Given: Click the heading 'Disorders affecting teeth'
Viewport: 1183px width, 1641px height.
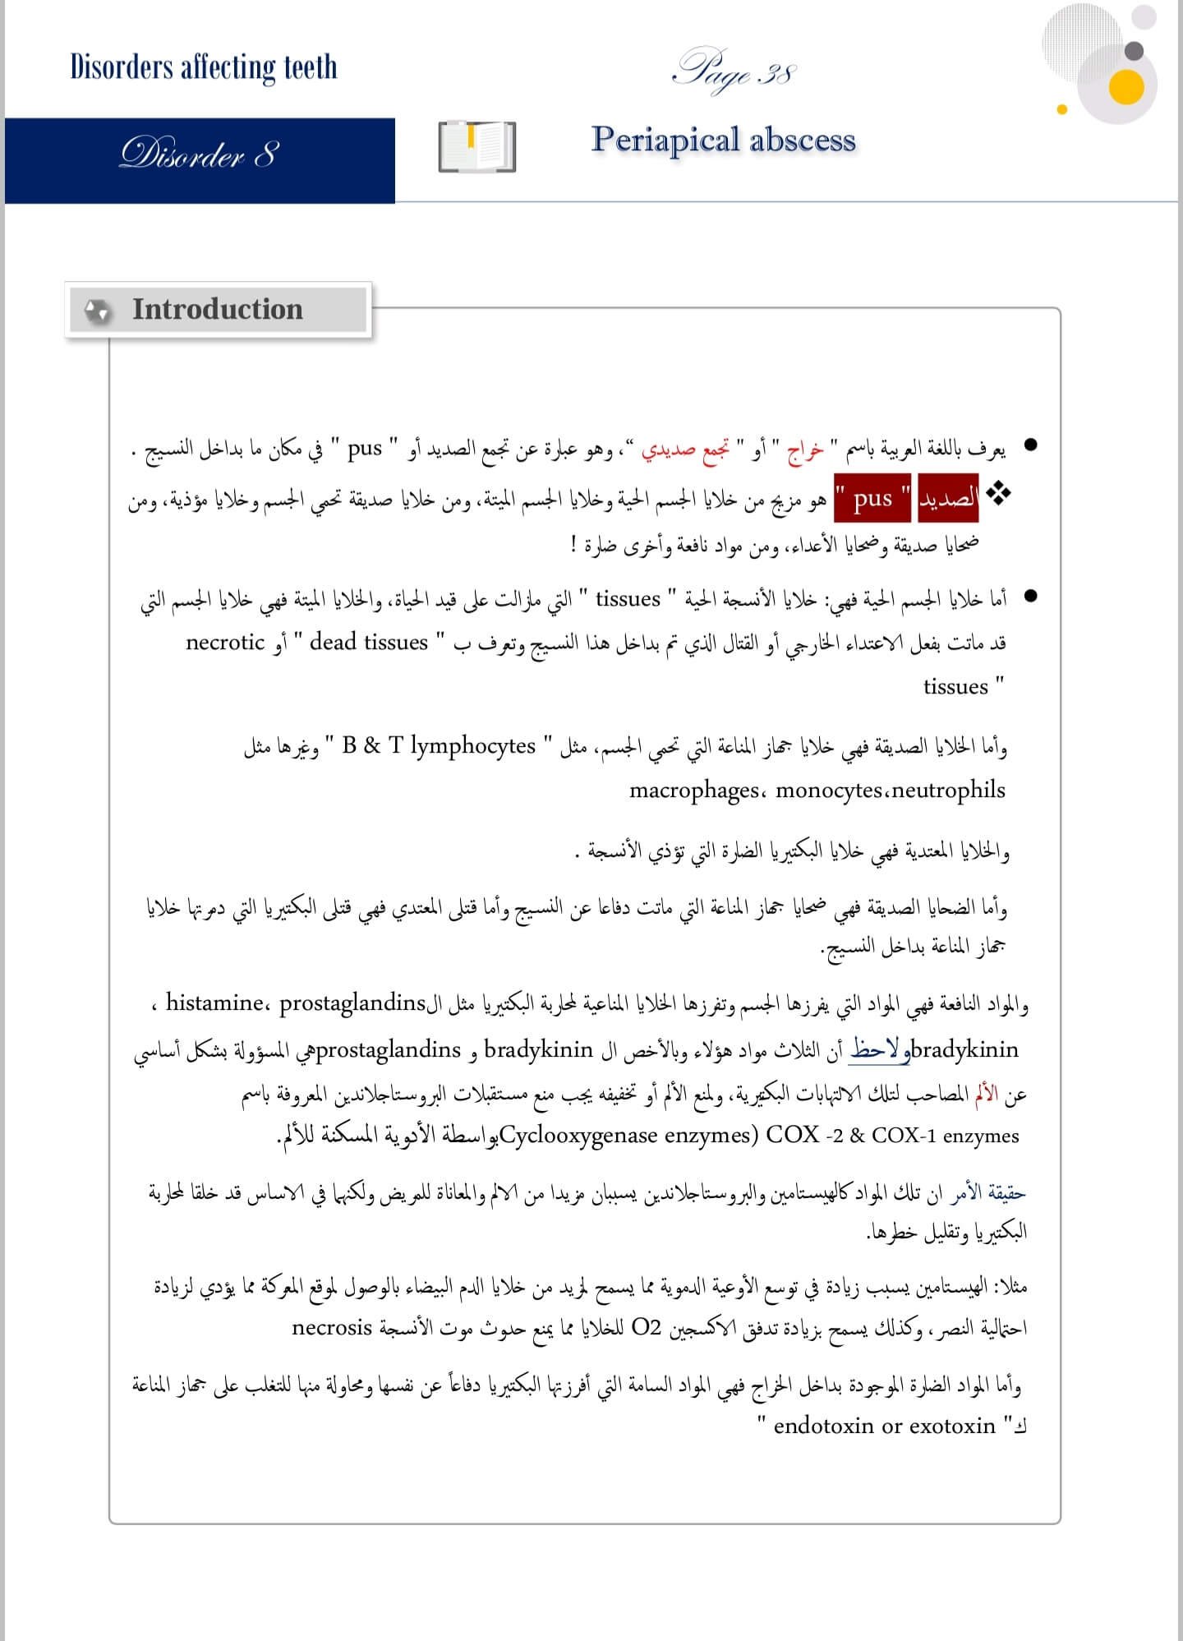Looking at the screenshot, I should click(204, 67).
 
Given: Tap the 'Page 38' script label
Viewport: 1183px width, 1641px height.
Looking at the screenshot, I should click(734, 72).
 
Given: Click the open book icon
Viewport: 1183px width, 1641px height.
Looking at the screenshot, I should click(476, 147).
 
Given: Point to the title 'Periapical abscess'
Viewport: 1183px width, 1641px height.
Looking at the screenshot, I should click(723, 140).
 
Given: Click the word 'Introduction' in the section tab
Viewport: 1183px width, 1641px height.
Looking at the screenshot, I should click(218, 309).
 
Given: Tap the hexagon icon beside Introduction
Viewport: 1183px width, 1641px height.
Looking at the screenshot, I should click(98, 311).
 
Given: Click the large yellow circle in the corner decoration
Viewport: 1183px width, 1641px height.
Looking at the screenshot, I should click(1125, 87).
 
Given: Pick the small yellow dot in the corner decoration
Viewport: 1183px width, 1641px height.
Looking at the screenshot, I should click(1061, 108).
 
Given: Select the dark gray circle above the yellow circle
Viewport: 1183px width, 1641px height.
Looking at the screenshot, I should click(1134, 51).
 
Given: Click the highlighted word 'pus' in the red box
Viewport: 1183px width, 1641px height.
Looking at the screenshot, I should click(872, 498).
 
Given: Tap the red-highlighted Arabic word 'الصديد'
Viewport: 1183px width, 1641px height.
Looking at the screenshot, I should click(948, 498).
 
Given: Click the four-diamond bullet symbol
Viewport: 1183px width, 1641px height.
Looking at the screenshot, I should click(999, 493).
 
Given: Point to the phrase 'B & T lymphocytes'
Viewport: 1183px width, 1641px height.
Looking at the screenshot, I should click(439, 745).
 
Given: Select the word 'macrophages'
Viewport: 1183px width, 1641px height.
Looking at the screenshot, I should click(694, 791).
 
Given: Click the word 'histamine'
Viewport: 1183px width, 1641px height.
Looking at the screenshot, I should click(214, 1003).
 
